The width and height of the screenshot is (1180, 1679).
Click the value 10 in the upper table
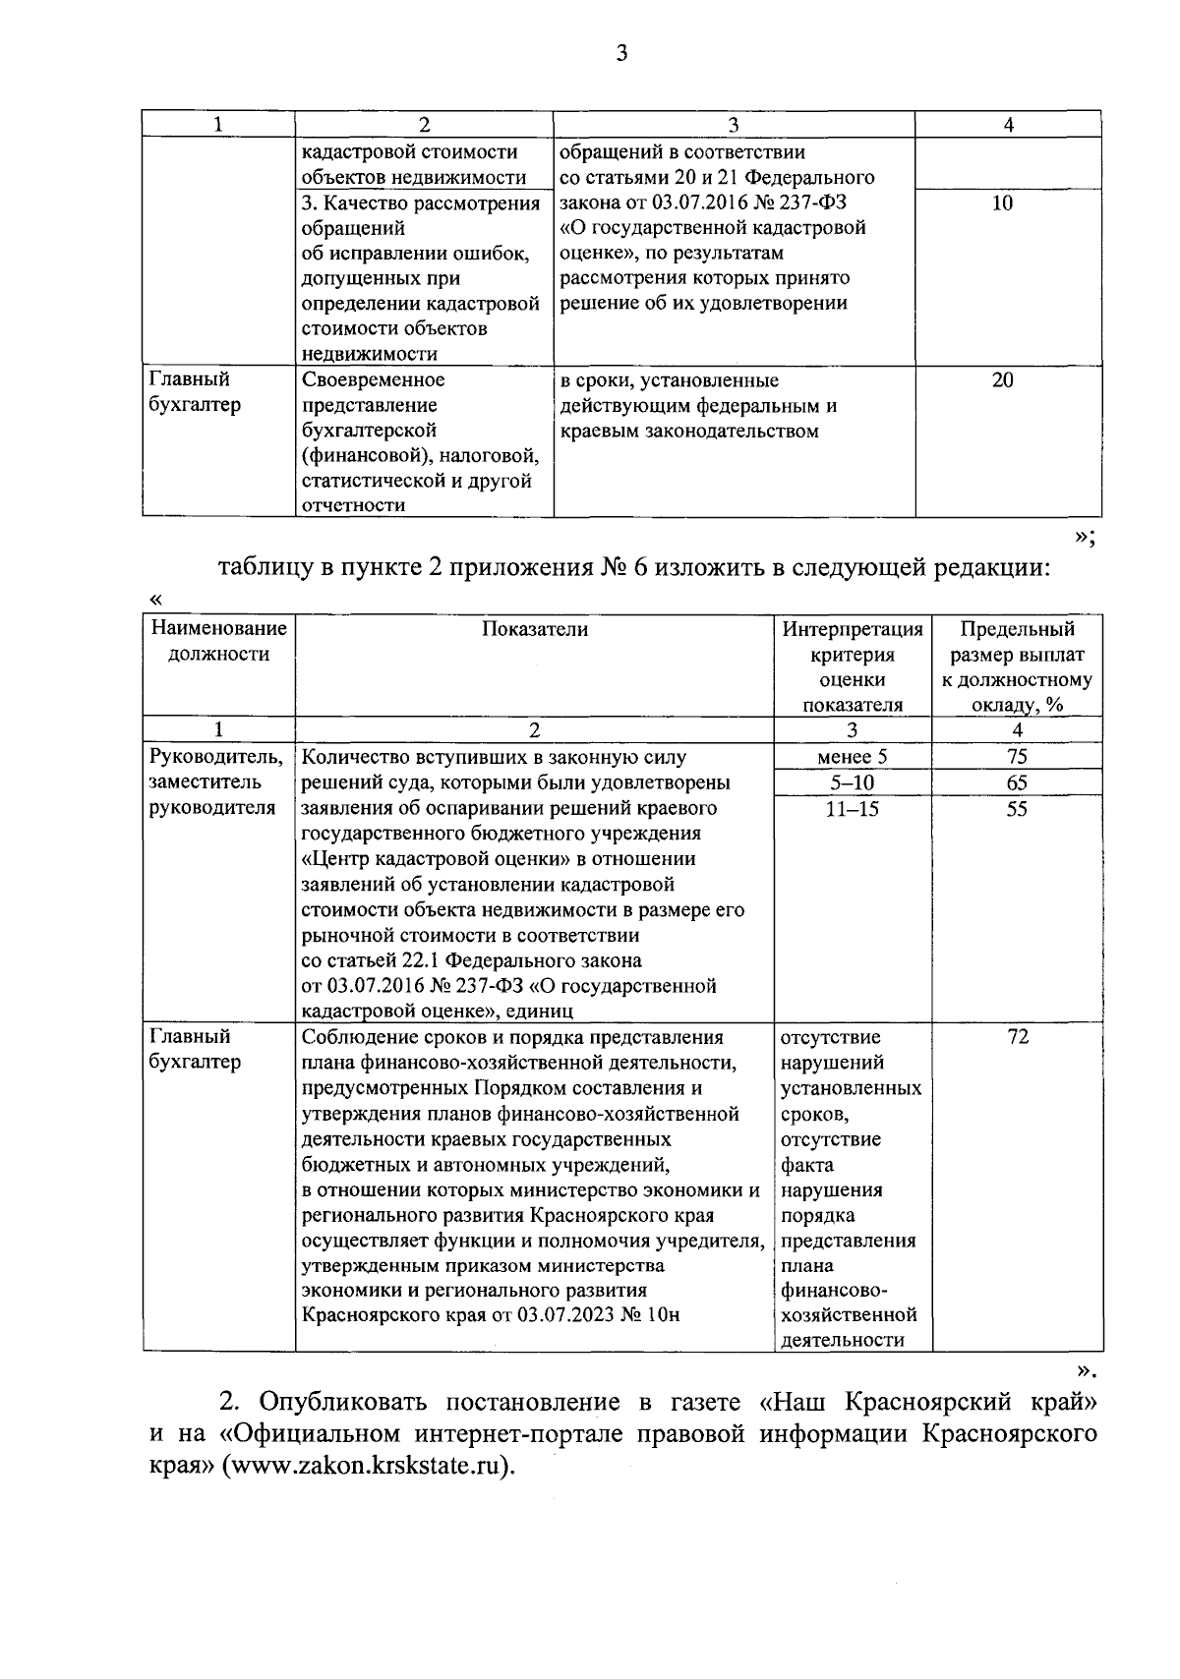(x=1002, y=203)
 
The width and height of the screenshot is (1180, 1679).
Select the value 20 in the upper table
(x=1002, y=380)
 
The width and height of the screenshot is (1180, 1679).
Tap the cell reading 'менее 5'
(x=852, y=757)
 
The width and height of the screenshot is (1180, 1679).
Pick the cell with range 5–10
(x=852, y=782)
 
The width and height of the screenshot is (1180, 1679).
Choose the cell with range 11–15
(x=852, y=808)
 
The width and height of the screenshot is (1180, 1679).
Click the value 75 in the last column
(x=1017, y=757)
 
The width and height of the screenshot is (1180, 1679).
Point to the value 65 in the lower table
(x=1017, y=782)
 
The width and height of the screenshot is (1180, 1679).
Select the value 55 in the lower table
(x=1017, y=808)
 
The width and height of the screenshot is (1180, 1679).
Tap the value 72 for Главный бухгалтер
(x=1018, y=1037)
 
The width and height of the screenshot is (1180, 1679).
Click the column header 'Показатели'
(x=535, y=630)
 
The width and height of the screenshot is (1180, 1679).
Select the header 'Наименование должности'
(x=218, y=641)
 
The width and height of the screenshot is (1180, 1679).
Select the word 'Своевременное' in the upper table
(x=374, y=379)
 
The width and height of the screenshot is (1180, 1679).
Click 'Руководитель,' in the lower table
(x=215, y=757)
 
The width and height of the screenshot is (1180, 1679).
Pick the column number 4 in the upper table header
(x=1008, y=124)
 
